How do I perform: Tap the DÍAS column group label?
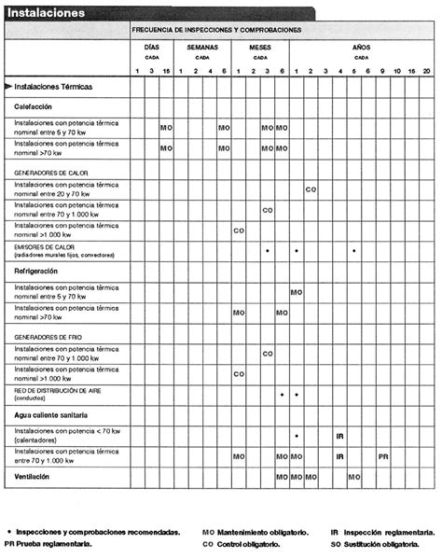tap(151, 46)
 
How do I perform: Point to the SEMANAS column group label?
tap(202, 46)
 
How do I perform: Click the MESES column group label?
tap(260, 46)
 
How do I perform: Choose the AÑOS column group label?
tap(360, 46)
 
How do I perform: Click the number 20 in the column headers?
tap(426, 72)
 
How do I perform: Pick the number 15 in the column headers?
tap(166, 72)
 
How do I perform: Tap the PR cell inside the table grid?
tap(383, 456)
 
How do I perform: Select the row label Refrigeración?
tap(36, 271)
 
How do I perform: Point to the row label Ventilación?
tap(33, 476)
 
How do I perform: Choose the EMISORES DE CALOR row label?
tap(44, 247)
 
